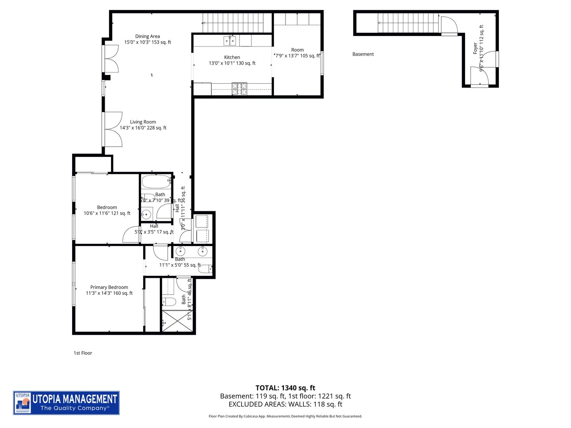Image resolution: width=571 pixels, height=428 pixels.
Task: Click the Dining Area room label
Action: (x=148, y=36)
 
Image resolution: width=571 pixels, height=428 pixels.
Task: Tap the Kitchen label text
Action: (x=232, y=57)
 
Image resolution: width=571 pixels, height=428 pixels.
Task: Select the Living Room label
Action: (x=143, y=122)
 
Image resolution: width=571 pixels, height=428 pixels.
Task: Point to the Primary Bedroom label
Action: (x=109, y=287)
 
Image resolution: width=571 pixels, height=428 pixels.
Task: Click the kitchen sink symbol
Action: (x=229, y=40)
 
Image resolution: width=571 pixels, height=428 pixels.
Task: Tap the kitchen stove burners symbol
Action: (x=239, y=89)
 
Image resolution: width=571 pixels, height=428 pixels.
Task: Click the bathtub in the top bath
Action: (x=156, y=182)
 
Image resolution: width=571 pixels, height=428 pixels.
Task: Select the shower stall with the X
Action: (x=178, y=321)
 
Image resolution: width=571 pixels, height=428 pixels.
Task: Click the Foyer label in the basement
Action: (x=475, y=48)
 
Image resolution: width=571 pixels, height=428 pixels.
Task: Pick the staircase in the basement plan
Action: (x=408, y=23)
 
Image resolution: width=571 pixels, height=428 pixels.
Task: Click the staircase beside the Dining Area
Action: (x=233, y=23)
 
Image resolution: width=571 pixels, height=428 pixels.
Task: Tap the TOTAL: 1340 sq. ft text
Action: (x=285, y=388)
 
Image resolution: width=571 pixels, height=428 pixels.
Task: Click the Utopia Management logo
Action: (x=66, y=403)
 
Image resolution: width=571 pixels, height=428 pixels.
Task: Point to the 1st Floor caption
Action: (x=83, y=353)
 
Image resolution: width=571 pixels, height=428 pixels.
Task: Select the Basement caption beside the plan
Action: (x=363, y=54)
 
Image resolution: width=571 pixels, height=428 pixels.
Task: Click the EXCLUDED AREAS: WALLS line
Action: (x=285, y=404)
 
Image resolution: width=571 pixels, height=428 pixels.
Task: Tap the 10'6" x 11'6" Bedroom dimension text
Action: (x=107, y=213)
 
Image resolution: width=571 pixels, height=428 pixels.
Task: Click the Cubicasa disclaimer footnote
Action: (x=285, y=416)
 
